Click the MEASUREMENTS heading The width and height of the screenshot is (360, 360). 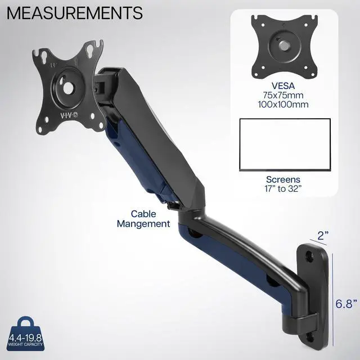point(74,12)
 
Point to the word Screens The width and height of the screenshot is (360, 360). point(283,179)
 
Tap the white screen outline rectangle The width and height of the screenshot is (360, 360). point(283,145)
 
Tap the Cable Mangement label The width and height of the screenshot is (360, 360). point(143,219)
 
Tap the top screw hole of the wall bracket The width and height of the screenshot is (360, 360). point(309,256)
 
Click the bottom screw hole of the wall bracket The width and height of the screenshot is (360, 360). point(309,339)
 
